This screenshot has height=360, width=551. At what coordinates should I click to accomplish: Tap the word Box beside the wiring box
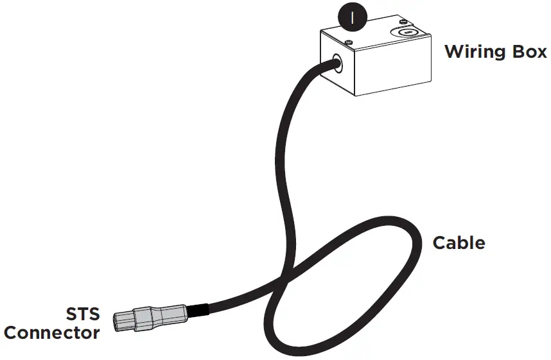(x=528, y=51)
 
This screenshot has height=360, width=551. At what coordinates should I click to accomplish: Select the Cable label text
(x=459, y=244)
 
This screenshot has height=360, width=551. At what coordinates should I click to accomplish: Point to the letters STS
(x=83, y=315)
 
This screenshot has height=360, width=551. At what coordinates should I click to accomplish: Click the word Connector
(x=52, y=333)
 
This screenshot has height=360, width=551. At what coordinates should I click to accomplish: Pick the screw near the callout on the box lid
(x=347, y=42)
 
